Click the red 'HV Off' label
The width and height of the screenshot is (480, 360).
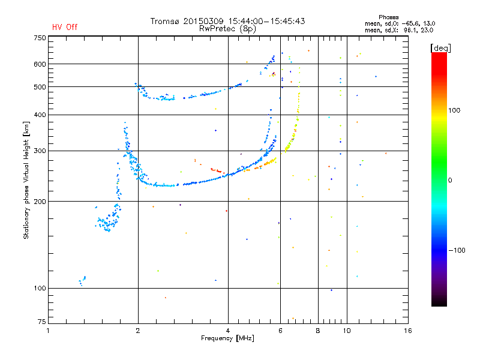pos(65,27)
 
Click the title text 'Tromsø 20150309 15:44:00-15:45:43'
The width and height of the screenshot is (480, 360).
pos(227,21)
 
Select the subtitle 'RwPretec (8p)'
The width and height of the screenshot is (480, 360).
pos(227,28)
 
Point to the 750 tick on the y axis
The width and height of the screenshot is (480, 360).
pos(39,38)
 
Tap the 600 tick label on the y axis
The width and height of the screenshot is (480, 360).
pos(39,64)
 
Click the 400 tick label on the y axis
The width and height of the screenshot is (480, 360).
pos(39,115)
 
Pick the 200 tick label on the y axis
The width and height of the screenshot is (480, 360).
pos(39,202)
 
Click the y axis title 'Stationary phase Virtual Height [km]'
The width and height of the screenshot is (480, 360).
pos(26,180)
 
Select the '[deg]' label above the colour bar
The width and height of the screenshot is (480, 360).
pos(441,47)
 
